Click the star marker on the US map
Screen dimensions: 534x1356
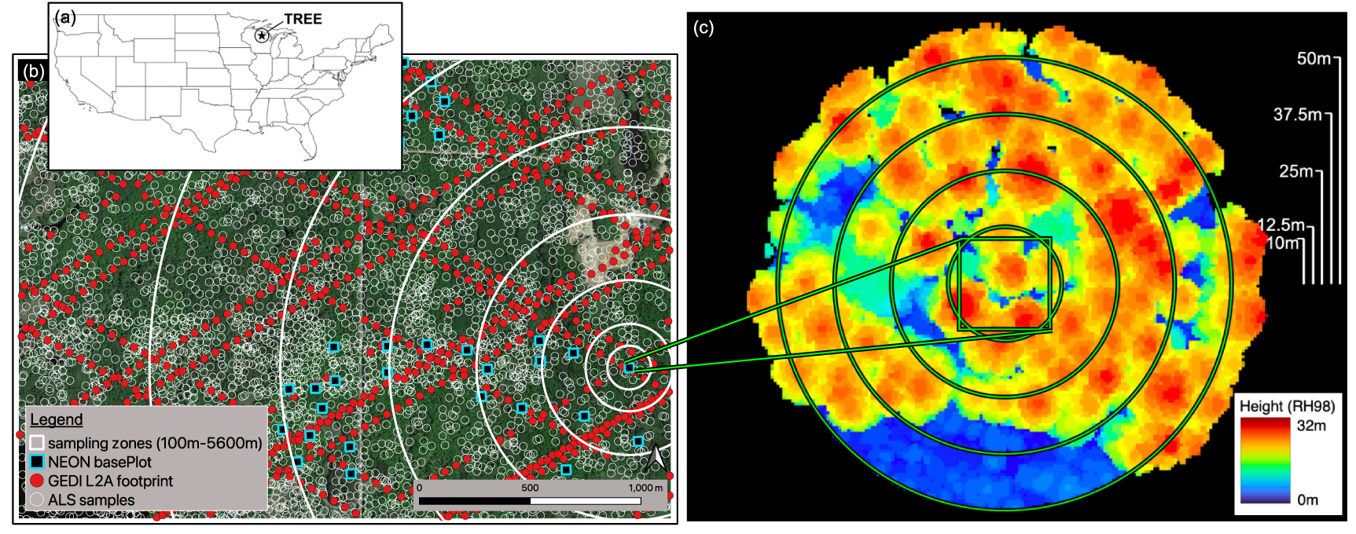point(262,35)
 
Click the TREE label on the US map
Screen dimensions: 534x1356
point(303,19)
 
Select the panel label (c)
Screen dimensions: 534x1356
point(704,28)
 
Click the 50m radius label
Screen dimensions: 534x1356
point(1314,59)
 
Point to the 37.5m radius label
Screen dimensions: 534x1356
point(1298,115)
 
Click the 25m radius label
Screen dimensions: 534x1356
point(1296,171)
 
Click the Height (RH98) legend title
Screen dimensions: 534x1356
point(1287,406)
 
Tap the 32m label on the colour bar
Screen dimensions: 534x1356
point(1311,426)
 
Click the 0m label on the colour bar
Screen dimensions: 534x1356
point(1308,499)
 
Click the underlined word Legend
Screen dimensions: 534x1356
point(57,420)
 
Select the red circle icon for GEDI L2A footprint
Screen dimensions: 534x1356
point(37,481)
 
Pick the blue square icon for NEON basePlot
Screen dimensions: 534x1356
point(37,462)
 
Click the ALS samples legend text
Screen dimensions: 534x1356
point(91,500)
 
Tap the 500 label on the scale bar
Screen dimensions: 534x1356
point(530,488)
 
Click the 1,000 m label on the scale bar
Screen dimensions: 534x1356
point(645,488)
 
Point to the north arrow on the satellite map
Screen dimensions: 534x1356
point(655,458)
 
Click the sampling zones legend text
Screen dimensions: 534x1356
point(155,443)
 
